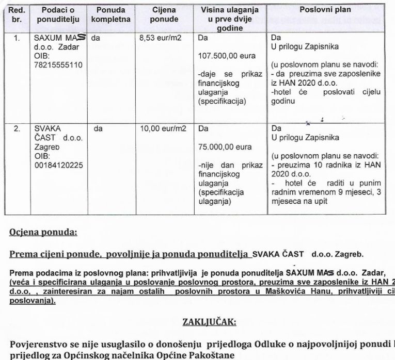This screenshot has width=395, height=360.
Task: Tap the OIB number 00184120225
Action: (58, 165)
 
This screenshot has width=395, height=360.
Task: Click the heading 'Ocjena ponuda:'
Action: (43, 232)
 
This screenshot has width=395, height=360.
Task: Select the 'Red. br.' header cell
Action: (18, 14)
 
